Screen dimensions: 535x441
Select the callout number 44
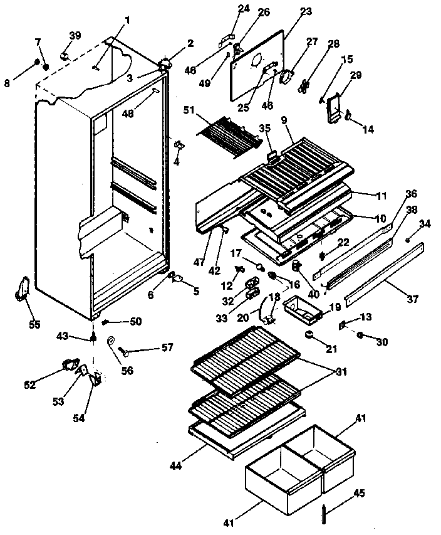coord(177,465)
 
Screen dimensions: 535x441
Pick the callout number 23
coord(305,12)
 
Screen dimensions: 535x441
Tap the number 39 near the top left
coord(75,35)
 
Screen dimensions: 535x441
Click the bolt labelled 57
coord(133,349)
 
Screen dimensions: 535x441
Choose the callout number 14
coord(368,129)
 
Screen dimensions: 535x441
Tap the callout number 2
coord(190,43)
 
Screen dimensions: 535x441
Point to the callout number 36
coord(410,194)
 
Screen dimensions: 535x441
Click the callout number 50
coord(135,322)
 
